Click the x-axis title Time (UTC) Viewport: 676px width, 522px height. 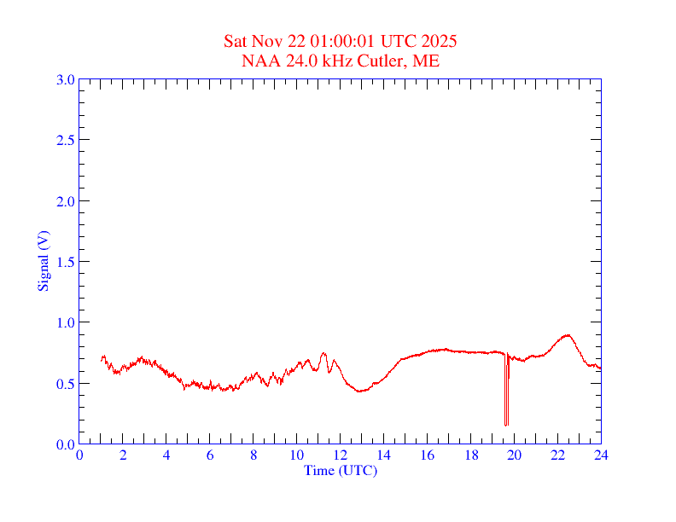(x=340, y=470)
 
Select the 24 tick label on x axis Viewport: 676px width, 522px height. (x=601, y=455)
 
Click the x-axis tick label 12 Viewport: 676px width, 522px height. (x=340, y=455)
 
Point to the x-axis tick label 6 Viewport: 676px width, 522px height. (x=210, y=455)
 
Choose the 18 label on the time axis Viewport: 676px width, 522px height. (x=470, y=455)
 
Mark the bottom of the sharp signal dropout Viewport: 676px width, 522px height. (x=505, y=424)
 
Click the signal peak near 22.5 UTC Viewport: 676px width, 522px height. (x=567, y=335)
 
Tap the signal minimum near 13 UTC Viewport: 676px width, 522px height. (x=361, y=391)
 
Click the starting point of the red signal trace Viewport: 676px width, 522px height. (x=102, y=360)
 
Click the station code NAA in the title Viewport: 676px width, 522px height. (x=259, y=61)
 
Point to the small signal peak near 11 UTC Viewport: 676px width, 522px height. (x=323, y=353)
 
